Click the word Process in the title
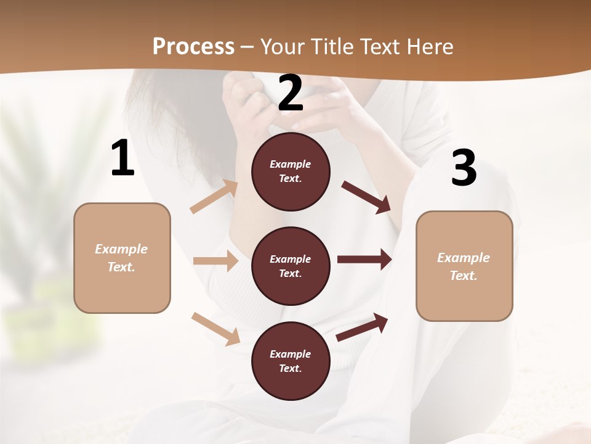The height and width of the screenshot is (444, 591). pos(193,46)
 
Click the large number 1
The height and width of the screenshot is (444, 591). pos(123,158)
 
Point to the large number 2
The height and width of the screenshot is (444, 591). pos(291,94)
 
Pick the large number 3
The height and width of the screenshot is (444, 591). pos(464,168)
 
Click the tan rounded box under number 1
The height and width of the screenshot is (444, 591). pos(122,258)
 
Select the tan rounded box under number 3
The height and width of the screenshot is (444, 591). pos(464,266)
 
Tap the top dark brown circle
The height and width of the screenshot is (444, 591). pos(291,171)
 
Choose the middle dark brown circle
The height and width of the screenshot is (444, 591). pos(291,266)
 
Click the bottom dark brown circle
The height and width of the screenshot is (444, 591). pos(291,361)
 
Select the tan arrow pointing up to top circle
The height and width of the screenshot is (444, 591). pos(214,197)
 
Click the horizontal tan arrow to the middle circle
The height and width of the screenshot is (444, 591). pos(215,261)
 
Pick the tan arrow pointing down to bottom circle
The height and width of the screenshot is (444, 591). pos(215,329)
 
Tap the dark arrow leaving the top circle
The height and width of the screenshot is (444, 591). pos(366,197)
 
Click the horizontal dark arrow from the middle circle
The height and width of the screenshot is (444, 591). pos(364,260)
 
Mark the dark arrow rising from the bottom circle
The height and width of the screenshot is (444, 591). pos(362,327)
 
